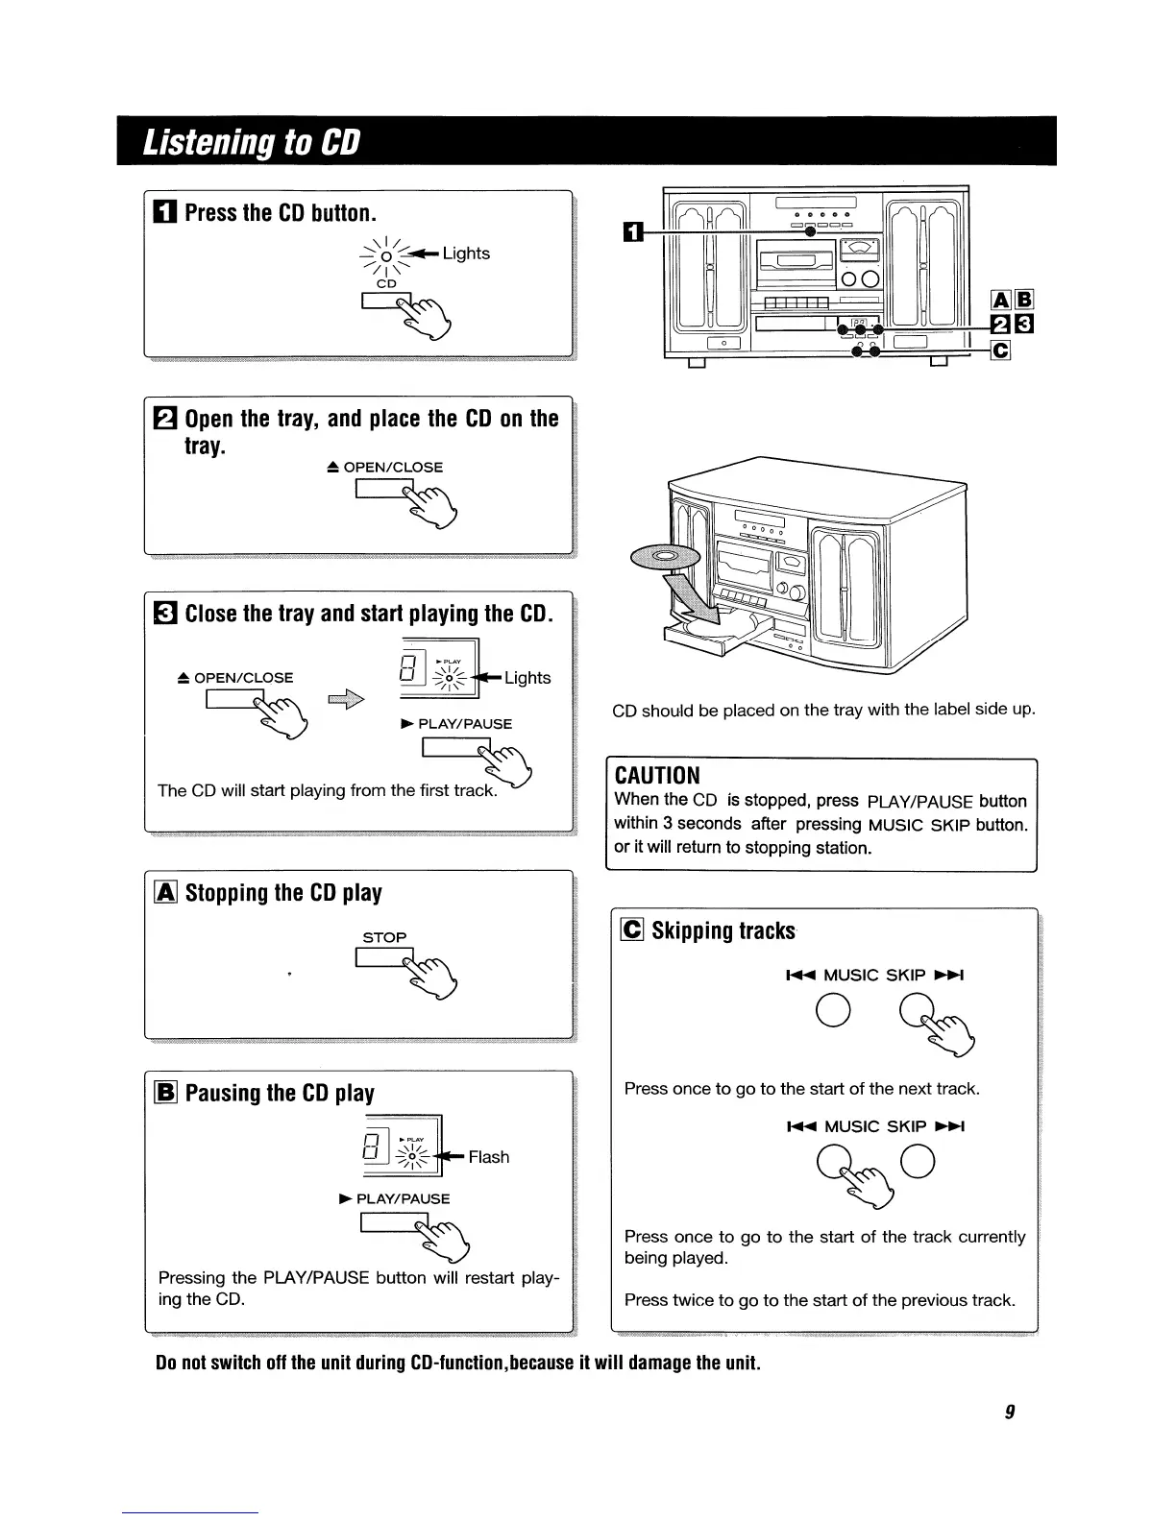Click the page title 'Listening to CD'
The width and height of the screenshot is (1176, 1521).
coord(251,142)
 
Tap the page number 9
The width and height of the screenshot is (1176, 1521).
coord(1010,1411)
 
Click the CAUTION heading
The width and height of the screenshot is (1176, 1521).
coord(657,776)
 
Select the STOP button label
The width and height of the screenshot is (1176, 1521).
coord(384,937)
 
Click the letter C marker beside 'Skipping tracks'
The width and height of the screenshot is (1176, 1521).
coord(633,930)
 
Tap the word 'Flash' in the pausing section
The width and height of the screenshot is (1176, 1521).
coord(489,1157)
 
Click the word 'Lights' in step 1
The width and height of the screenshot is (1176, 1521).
coord(466,253)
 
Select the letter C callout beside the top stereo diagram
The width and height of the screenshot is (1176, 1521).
coord(1000,350)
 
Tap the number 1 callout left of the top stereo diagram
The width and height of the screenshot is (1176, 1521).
coord(631,231)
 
